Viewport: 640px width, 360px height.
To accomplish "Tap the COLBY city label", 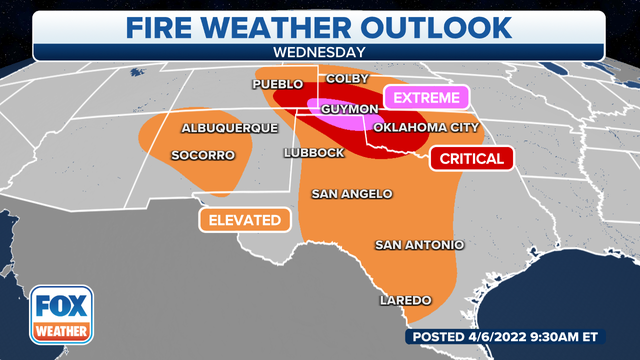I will tap(343, 78).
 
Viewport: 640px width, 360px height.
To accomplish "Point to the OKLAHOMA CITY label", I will tap(420, 128).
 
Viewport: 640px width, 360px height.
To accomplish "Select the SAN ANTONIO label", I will tap(419, 244).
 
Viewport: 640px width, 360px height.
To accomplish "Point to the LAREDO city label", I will tap(405, 300).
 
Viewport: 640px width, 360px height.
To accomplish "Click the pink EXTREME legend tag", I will tap(426, 98).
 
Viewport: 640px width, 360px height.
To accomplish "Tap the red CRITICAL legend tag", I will tap(471, 158).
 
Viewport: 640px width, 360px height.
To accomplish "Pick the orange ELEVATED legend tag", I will tap(244, 220).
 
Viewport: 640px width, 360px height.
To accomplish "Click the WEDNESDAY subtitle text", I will tap(319, 49).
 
